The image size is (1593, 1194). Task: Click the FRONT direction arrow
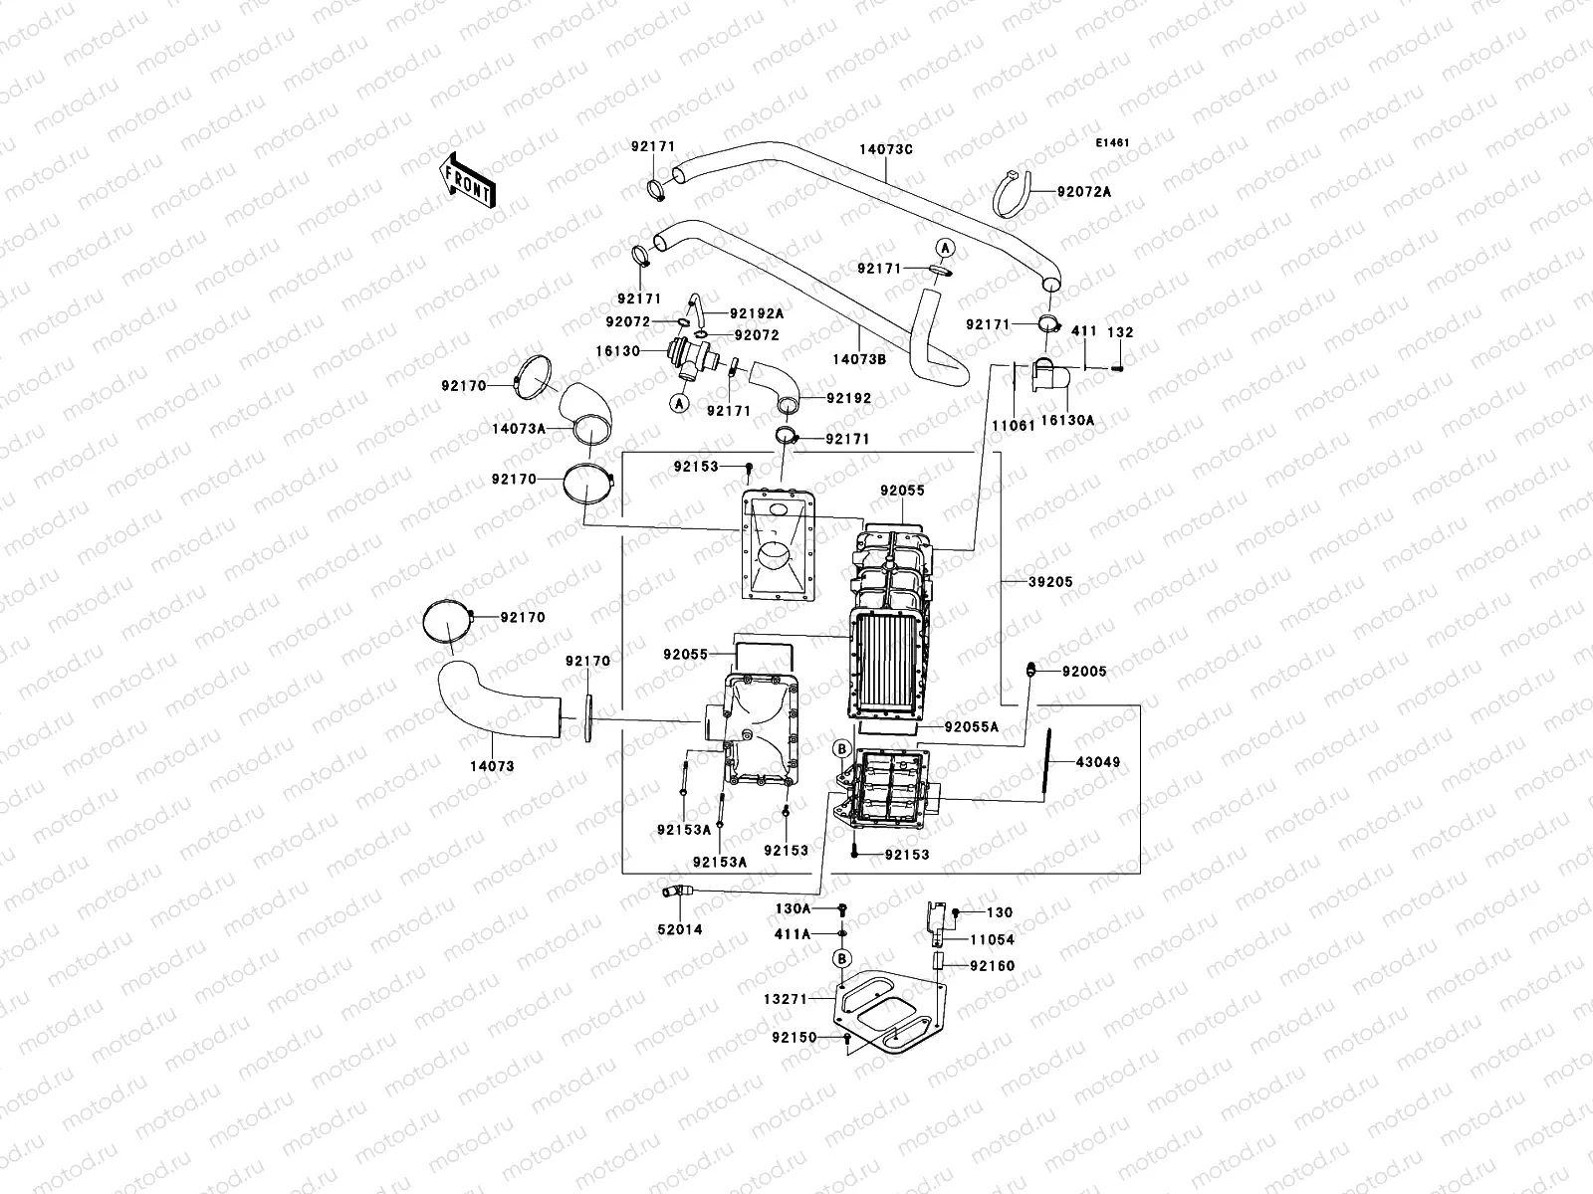[468, 180]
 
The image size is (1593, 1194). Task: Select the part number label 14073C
[885, 149]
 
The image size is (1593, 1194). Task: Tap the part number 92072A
[1083, 192]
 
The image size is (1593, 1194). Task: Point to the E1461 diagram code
[1112, 143]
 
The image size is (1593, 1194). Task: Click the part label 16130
[617, 351]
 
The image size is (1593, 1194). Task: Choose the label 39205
[1050, 582]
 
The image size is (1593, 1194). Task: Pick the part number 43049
[1097, 762]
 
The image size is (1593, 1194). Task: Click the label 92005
[1084, 672]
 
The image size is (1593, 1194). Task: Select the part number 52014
[680, 930]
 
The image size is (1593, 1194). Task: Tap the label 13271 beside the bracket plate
[786, 999]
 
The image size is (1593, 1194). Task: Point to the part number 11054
[992, 940]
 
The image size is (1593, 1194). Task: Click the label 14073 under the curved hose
[492, 766]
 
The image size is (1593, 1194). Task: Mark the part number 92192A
[757, 313]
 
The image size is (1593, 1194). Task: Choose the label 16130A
[1067, 421]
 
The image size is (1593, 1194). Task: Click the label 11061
[1014, 426]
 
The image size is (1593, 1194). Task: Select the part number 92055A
[971, 727]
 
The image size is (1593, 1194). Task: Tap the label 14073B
[859, 359]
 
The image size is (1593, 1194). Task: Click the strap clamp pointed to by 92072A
[1013, 194]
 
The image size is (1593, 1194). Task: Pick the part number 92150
[794, 1038]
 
